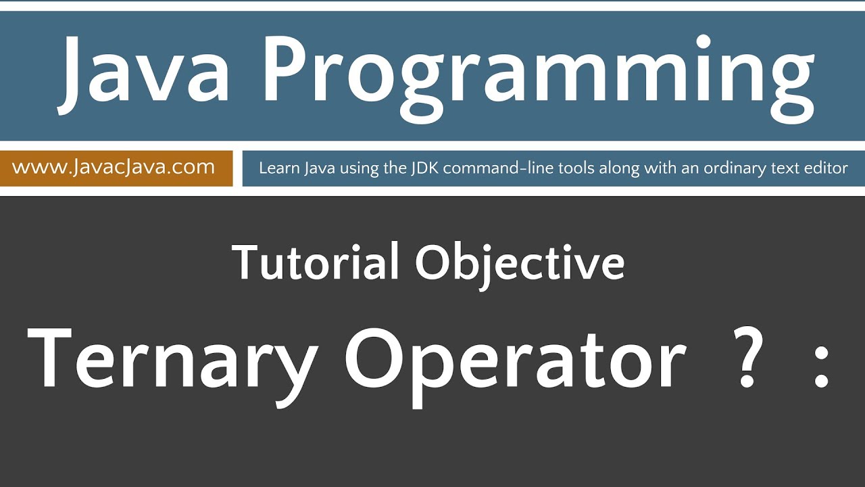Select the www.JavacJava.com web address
tap(114, 167)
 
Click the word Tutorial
tap(315, 262)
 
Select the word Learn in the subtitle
tap(278, 168)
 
